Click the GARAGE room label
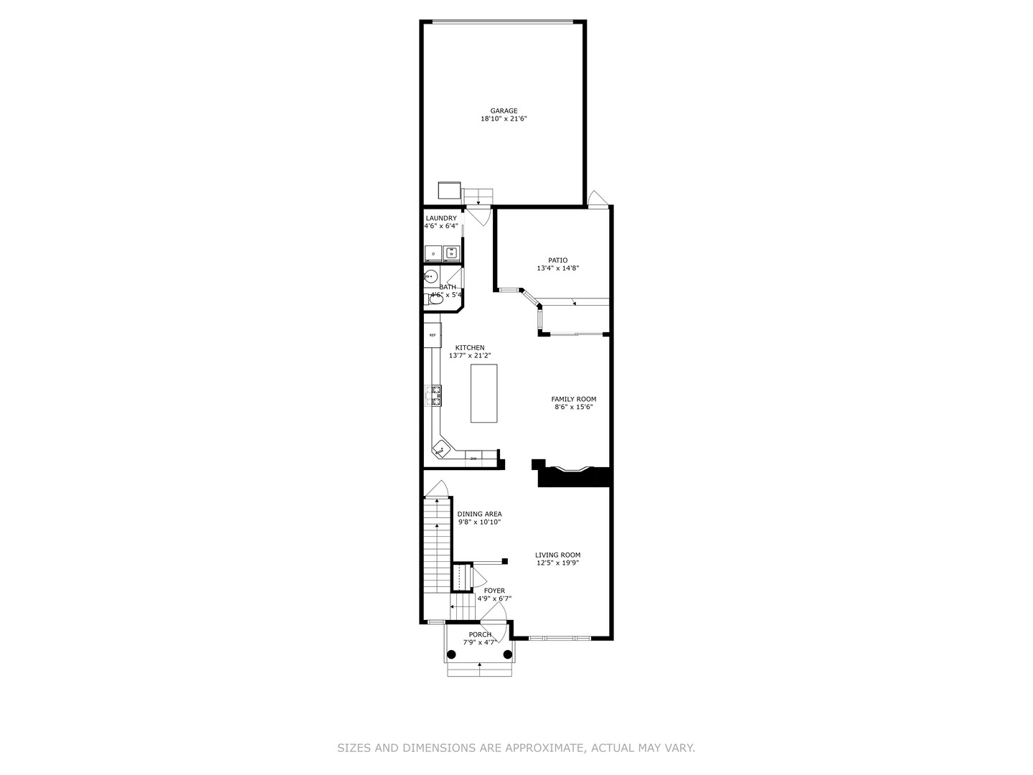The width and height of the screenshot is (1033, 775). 504,111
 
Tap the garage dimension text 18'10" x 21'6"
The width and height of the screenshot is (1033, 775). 504,119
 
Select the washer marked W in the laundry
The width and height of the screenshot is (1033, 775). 451,253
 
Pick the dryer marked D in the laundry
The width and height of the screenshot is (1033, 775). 433,253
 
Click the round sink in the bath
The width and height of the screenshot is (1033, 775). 430,276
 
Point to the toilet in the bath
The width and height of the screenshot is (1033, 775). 435,299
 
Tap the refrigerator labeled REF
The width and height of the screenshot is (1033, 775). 432,335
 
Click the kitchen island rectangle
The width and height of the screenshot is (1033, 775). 484,393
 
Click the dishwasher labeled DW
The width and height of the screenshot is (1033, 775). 473,458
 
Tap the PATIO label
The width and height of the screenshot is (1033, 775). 557,260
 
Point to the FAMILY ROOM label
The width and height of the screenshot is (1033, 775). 573,399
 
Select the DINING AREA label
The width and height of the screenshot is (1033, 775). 479,514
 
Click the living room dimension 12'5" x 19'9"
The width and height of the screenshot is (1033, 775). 557,563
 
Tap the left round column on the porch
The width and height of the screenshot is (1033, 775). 451,654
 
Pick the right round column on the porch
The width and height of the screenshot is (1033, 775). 508,654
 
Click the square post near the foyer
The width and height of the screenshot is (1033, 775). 505,561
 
